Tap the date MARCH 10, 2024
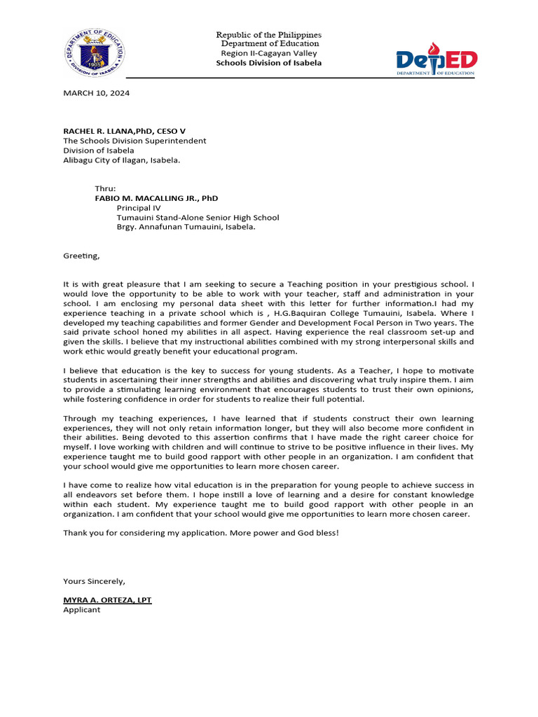(96, 93)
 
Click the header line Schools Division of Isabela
(269, 63)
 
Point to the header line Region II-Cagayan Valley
(269, 53)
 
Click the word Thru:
(105, 189)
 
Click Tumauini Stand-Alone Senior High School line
(198, 218)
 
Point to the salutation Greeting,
(81, 256)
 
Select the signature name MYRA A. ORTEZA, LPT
(107, 600)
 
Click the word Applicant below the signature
(82, 610)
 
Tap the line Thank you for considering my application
(172, 533)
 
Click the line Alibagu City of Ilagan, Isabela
(121, 160)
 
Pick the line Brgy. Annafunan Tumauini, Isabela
(186, 227)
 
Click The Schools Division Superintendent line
(134, 141)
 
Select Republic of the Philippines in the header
(269, 35)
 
